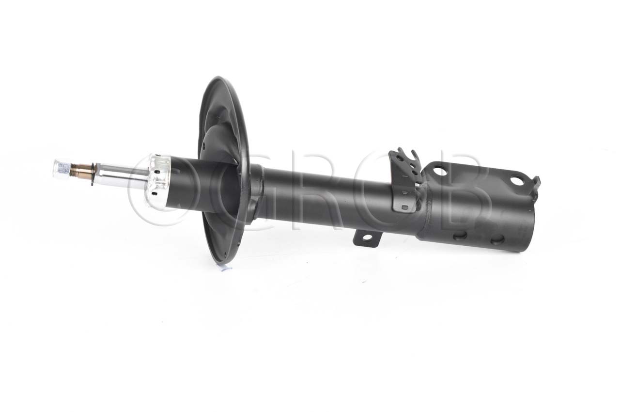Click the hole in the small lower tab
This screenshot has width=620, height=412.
coord(368,238)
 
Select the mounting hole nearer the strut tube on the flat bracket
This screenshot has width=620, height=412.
coord(440,171)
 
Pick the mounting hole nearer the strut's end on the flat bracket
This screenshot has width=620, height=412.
coord(517,181)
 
